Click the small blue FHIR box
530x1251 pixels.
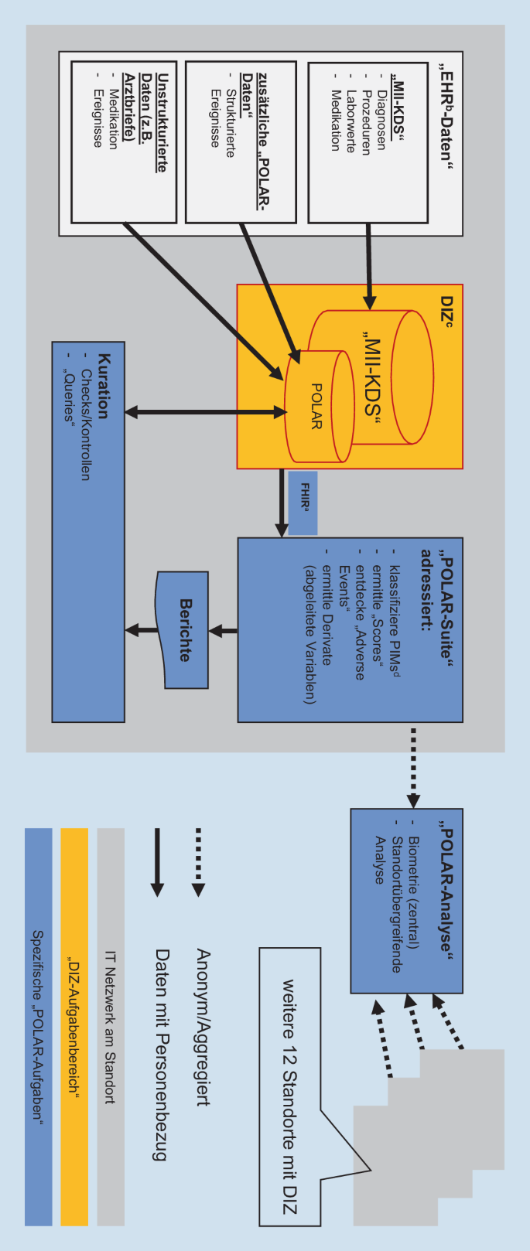click(303, 503)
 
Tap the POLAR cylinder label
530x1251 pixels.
click(316, 406)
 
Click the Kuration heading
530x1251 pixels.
click(104, 386)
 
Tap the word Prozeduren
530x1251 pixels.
click(367, 121)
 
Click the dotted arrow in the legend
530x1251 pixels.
click(198, 862)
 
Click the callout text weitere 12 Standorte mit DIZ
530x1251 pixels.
click(289, 1098)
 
